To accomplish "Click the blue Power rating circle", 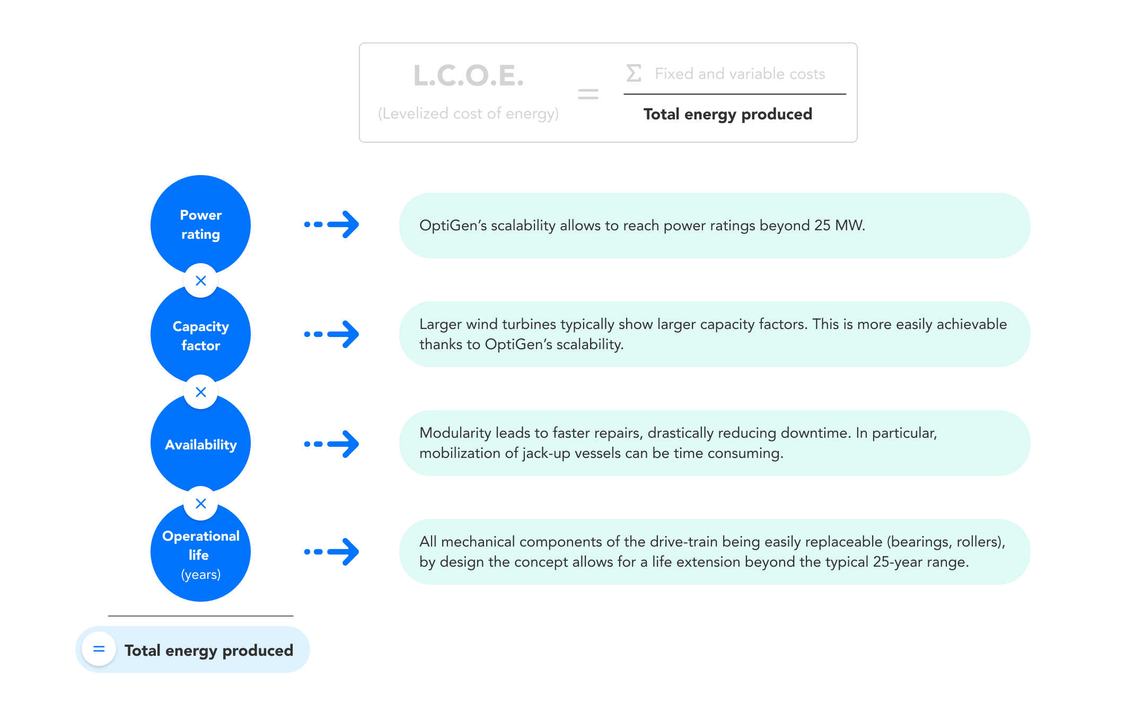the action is tap(200, 224).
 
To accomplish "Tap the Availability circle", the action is tap(200, 444).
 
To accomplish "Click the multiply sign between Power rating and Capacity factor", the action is tap(200, 281).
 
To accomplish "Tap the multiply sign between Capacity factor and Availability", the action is tap(200, 392).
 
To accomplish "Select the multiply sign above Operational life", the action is tap(200, 504).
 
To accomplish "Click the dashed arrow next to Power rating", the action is tap(331, 224).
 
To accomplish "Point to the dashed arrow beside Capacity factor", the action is tap(331, 334).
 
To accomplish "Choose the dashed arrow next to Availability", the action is tap(331, 444).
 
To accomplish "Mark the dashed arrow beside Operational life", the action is tap(331, 552).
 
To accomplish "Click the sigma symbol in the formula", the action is tap(634, 73).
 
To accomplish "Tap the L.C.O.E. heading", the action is tap(469, 75).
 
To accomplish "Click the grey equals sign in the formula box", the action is tap(588, 94).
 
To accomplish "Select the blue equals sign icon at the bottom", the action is tap(99, 649).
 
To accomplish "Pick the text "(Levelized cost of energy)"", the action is tap(468, 114).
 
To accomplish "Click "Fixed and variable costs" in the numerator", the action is tap(740, 74).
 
